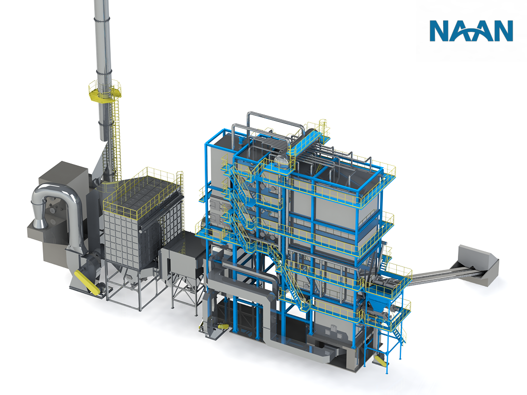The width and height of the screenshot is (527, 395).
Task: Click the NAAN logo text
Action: point(471,30)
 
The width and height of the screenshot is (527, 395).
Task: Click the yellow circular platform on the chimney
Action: point(104,91)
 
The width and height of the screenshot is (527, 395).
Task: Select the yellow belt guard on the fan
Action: point(84,281)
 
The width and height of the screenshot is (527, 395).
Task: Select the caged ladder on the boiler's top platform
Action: point(323,127)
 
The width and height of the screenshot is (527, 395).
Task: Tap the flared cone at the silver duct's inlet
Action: point(39,221)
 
